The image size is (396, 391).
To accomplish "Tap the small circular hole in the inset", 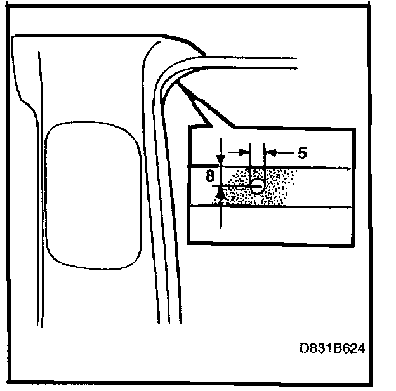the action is (x=258, y=186).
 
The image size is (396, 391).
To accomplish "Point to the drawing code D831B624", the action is (x=333, y=348).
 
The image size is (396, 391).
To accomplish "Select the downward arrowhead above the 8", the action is (x=220, y=159).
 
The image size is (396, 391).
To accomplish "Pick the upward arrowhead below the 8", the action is (x=220, y=191).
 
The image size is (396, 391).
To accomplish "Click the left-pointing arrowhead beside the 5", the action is (x=268, y=152).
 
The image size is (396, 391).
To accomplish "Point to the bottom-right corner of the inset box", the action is (x=353, y=244).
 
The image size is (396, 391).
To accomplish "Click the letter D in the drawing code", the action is (x=305, y=348).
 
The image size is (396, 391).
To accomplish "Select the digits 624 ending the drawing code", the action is (x=356, y=348).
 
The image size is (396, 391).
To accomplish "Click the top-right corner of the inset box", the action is (x=353, y=129).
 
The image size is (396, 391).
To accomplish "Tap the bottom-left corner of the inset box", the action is (x=188, y=244).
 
